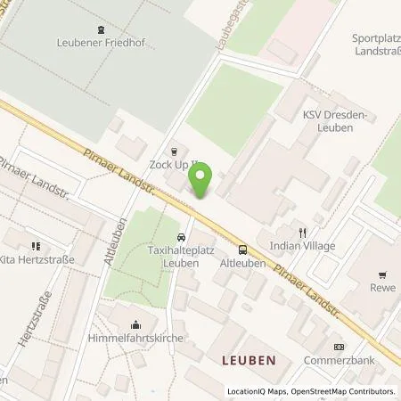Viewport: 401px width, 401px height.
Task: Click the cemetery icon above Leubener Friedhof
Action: point(99,29)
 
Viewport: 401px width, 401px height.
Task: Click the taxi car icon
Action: point(182,238)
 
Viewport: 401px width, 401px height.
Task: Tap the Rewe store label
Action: point(384,288)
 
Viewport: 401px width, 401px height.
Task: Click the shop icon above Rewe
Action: point(384,274)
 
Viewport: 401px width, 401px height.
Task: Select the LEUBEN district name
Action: point(250,360)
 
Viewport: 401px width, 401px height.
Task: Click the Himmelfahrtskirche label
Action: point(135,339)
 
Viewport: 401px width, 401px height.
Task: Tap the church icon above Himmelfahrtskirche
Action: point(135,325)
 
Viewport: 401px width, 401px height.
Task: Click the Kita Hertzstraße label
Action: point(36,259)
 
